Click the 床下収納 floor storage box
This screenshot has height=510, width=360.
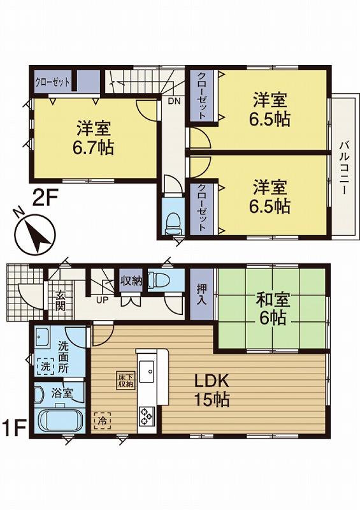(x=125, y=380)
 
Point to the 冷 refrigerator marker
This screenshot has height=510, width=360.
(x=101, y=421)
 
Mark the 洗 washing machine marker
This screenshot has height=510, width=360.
(x=47, y=367)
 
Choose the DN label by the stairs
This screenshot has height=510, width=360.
(x=173, y=101)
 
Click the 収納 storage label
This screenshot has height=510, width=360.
(x=131, y=280)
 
